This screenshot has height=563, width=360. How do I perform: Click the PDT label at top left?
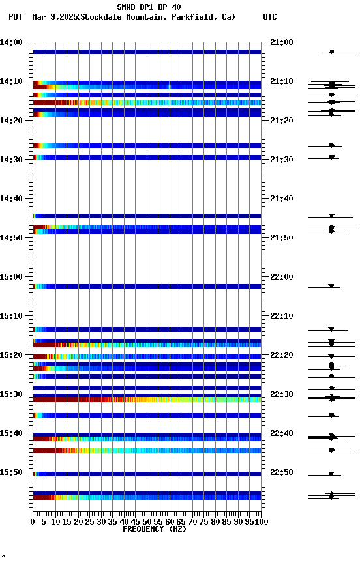16,17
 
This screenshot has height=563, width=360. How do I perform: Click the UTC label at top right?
270,17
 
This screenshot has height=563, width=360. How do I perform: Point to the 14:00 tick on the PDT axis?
12,42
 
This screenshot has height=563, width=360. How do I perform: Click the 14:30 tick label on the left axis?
12,160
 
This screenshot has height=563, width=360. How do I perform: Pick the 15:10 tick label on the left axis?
12,316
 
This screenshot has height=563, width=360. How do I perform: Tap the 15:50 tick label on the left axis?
12,472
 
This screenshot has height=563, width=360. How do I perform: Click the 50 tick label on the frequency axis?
147,521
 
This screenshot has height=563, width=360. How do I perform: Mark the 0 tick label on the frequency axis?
33,521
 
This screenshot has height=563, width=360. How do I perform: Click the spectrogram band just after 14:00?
147,51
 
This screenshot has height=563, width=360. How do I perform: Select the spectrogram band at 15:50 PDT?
147,474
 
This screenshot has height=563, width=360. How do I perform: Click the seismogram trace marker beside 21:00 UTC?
331,51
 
